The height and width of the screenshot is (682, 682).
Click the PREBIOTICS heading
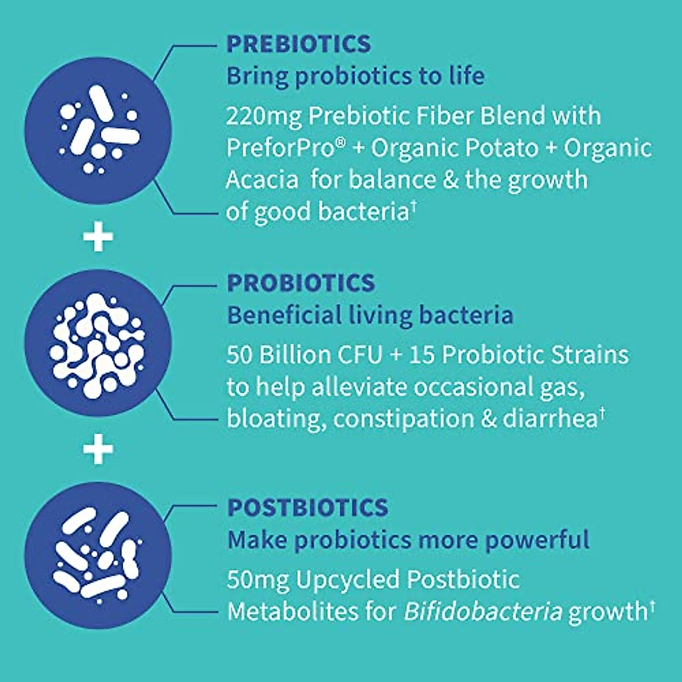coord(298,44)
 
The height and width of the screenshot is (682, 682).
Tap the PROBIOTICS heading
coord(301,283)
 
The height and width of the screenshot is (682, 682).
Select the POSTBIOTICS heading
coord(307,508)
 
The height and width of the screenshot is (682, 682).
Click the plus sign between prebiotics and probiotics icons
coord(98,237)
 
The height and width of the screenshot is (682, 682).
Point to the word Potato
coord(501,148)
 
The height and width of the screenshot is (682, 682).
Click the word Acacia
coord(262,180)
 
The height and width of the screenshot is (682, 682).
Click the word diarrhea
coord(549,419)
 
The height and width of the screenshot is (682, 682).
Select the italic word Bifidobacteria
coord(483,612)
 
